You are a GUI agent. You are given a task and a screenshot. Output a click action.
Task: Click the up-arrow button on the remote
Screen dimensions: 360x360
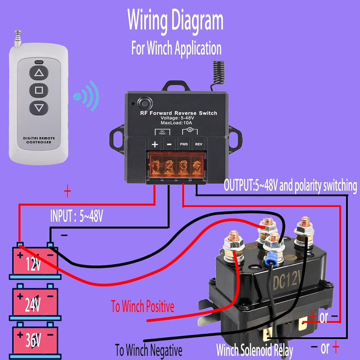pos(39,73)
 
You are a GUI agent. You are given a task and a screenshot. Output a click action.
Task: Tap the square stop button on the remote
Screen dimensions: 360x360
pos(39,90)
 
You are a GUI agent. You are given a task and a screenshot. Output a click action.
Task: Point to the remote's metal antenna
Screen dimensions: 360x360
pos(18,39)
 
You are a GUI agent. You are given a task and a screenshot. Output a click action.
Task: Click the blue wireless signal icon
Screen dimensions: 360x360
pos(86,96)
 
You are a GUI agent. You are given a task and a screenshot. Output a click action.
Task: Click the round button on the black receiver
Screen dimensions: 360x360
pos(145,104)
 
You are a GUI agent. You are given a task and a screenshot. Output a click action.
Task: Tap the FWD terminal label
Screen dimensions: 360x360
pos(184,144)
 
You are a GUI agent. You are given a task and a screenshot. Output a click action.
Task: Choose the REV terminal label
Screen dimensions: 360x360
pos(199,144)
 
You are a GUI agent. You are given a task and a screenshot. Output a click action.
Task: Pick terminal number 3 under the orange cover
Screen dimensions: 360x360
pos(184,165)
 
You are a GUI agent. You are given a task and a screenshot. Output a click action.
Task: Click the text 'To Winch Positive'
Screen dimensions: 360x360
pos(142,306)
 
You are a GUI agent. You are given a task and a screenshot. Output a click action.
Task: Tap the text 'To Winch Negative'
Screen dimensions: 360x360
pos(149,350)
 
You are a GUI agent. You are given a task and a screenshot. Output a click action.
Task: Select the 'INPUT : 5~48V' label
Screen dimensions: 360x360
pos(76,216)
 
